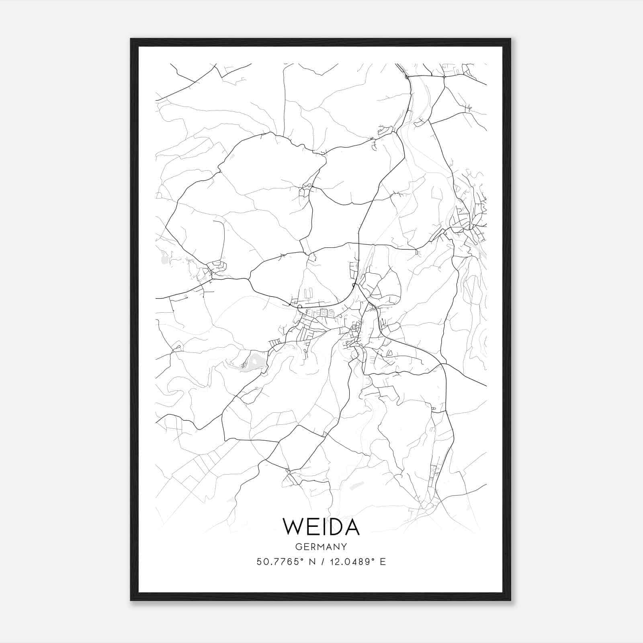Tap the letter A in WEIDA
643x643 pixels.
click(x=350, y=527)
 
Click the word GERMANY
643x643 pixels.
click(x=321, y=547)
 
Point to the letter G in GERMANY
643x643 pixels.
click(x=298, y=547)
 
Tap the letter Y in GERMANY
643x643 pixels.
click(x=344, y=547)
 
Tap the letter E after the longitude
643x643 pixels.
click(x=383, y=562)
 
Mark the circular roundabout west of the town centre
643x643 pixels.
click(x=299, y=307)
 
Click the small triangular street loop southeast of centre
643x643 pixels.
click(x=389, y=353)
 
